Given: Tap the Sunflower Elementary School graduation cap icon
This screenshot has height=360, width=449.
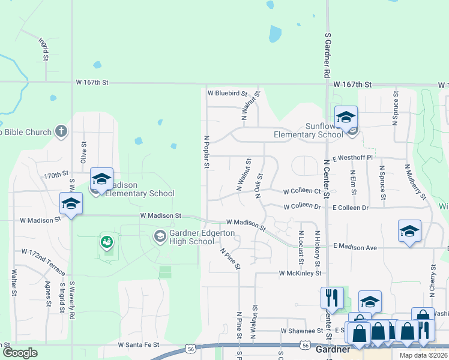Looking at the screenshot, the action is pyautogui.click(x=346, y=117).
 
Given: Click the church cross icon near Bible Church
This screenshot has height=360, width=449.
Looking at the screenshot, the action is pyautogui.click(x=61, y=131).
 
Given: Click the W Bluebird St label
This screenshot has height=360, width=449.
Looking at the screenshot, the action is pyautogui.click(x=228, y=93).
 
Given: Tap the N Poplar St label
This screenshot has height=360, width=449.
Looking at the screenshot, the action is pyautogui.click(x=206, y=152).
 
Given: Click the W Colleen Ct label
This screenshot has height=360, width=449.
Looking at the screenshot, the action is pyautogui.click(x=302, y=191).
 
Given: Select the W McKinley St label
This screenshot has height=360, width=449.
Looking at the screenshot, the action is pyautogui.click(x=300, y=273).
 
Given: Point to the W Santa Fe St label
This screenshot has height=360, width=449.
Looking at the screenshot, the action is pyautogui.click(x=139, y=345).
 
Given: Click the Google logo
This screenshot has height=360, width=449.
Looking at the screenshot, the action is pyautogui.click(x=19, y=353).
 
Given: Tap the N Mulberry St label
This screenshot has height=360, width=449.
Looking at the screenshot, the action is pyautogui.click(x=416, y=182).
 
